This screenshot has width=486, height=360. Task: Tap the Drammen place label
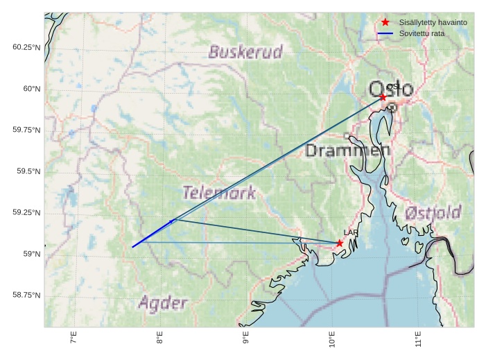(x=348, y=151)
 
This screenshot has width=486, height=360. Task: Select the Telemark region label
(x=219, y=193)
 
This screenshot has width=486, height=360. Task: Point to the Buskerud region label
(x=246, y=52)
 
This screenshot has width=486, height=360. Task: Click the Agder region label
(x=163, y=303)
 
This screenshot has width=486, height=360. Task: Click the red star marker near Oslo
(x=383, y=97)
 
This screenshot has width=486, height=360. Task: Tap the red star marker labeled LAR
(x=339, y=243)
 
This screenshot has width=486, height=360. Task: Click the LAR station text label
(x=351, y=233)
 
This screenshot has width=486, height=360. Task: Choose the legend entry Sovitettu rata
(x=422, y=33)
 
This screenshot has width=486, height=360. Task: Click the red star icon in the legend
(x=385, y=23)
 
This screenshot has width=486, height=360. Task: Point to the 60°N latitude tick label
(x=27, y=89)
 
